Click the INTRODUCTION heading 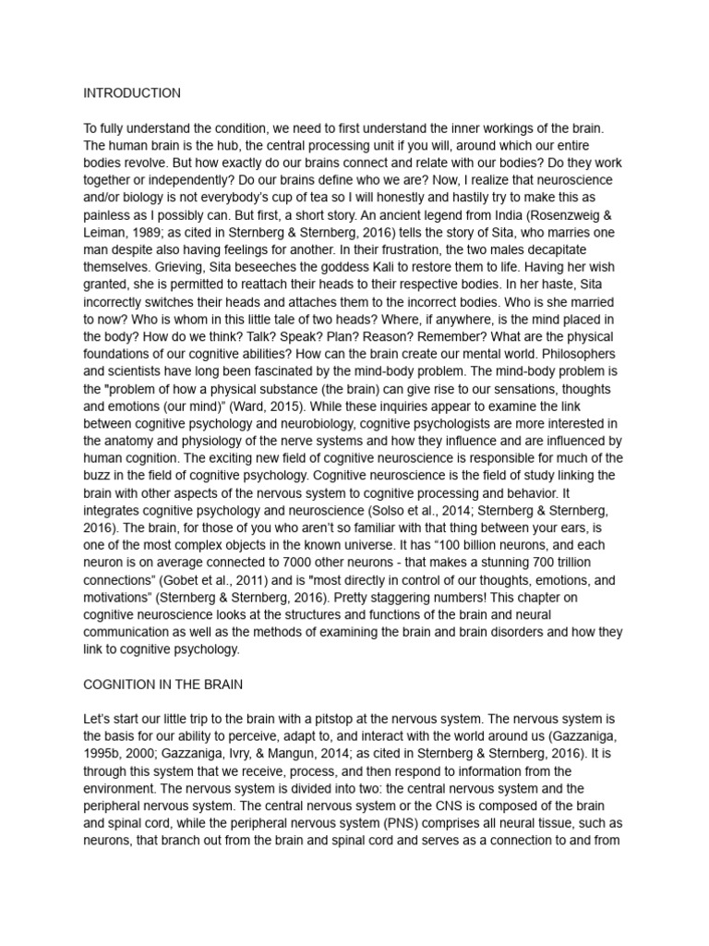(x=132, y=93)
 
